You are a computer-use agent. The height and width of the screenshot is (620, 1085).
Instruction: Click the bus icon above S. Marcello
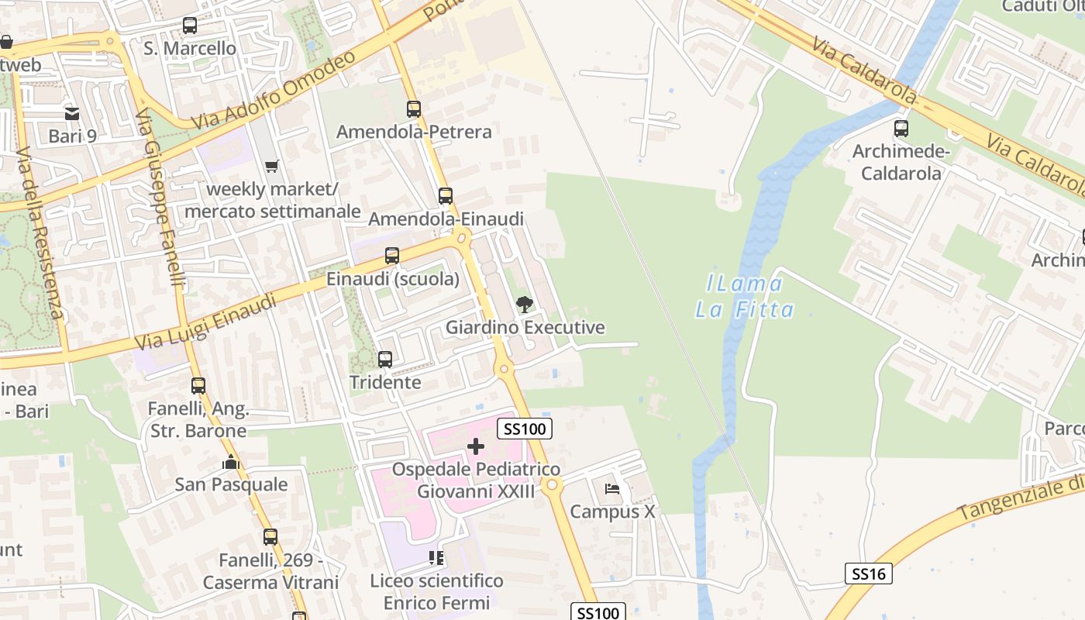point(190,26)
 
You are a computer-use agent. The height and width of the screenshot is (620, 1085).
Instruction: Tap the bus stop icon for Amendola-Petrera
point(414,109)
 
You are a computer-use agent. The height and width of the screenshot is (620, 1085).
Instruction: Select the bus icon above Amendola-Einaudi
point(445,196)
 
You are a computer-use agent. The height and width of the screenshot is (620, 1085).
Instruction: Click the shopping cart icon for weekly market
point(271,166)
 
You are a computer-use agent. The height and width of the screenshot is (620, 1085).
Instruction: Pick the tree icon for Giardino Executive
point(525,304)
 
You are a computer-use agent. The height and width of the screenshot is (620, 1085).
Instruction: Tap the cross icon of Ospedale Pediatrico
point(476,446)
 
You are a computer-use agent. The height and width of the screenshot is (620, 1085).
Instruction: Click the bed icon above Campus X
point(612,489)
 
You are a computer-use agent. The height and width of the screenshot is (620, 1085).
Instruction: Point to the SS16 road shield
point(868,573)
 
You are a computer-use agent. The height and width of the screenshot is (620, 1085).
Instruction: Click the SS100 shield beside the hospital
point(525,429)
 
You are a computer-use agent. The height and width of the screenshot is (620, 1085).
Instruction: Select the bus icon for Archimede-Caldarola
point(901,129)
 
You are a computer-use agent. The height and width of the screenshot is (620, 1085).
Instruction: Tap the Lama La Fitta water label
point(745,297)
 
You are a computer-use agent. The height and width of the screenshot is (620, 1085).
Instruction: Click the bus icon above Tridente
point(385,360)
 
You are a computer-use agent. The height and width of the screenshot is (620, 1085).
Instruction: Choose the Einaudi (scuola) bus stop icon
point(392,256)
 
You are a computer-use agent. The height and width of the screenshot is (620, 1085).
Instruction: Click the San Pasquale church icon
point(231,463)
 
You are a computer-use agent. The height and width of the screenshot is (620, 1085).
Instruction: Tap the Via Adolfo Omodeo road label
point(274,91)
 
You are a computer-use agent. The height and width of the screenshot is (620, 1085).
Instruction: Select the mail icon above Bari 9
point(72,114)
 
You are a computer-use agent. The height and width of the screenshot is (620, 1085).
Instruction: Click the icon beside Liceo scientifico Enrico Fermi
point(436,558)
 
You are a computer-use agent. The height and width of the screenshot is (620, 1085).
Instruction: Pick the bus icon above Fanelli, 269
point(270,536)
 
